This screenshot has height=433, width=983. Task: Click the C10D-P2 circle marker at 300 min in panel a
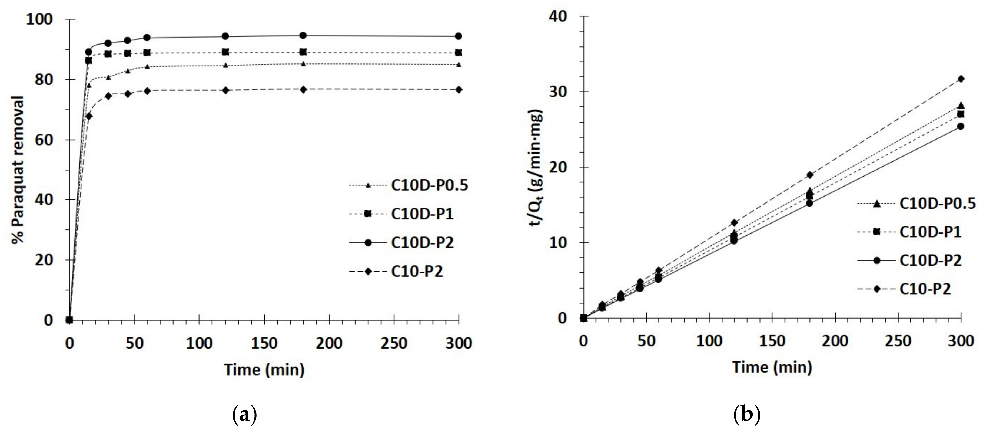(458, 36)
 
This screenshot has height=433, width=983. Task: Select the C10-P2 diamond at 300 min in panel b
(961, 79)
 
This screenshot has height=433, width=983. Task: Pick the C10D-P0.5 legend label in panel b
(937, 203)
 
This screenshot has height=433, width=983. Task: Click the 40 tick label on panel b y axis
(558, 16)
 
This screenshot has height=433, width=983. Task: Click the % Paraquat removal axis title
(18, 170)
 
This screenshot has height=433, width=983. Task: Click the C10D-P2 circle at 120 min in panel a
(225, 36)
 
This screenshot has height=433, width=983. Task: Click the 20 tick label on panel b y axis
(558, 167)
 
